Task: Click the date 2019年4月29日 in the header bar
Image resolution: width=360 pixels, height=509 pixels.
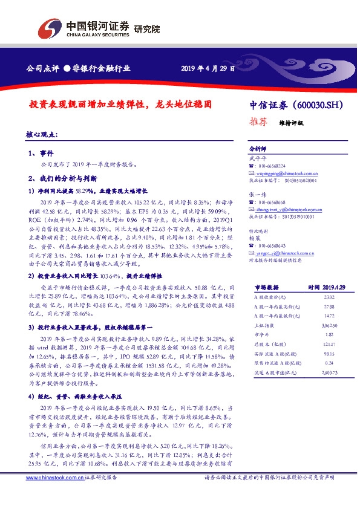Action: (208, 68)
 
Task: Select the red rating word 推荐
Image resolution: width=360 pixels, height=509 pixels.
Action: (258, 121)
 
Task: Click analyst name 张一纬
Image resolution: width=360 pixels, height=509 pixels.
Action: (257, 194)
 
